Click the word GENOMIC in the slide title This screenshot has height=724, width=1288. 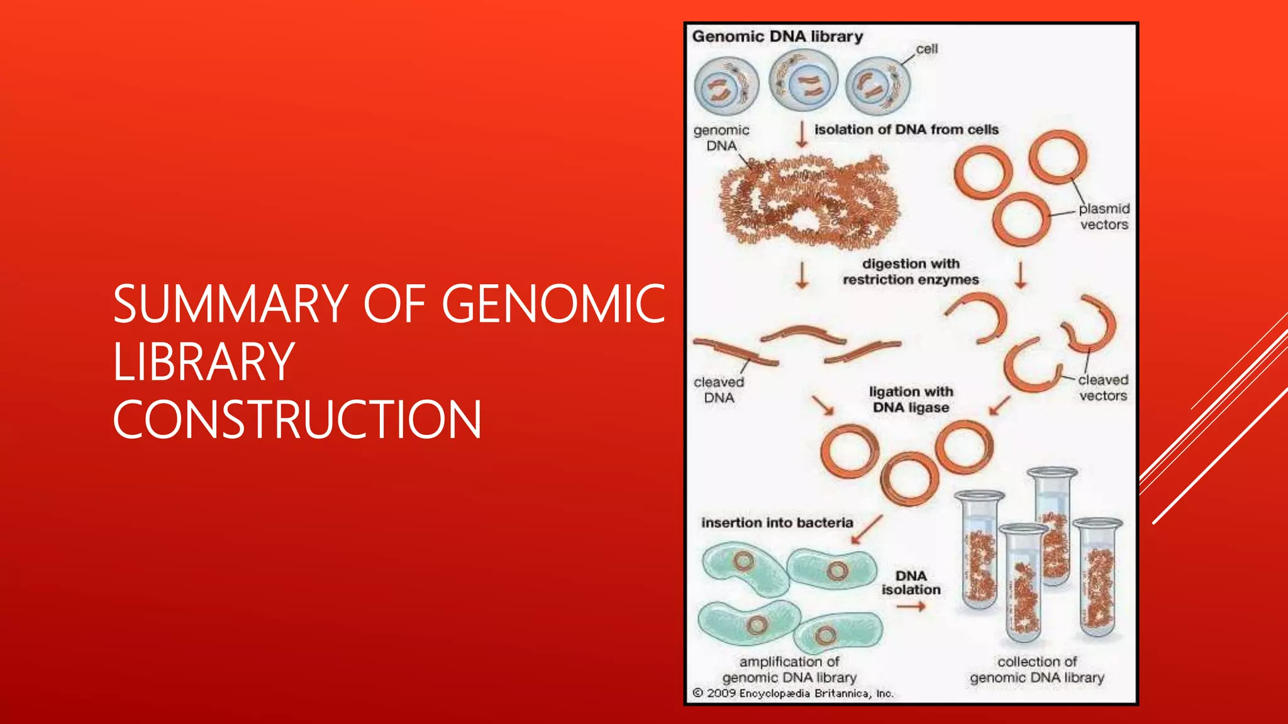pyautogui.click(x=553, y=304)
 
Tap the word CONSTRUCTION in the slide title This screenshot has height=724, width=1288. pyautogui.click(x=297, y=420)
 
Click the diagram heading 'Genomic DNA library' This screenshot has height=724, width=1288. pyautogui.click(x=777, y=36)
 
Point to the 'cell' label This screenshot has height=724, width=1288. pyautogui.click(x=926, y=49)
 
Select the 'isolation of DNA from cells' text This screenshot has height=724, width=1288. pyautogui.click(x=906, y=129)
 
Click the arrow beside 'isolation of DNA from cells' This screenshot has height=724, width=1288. pyautogui.click(x=802, y=134)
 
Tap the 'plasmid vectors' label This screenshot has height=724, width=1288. pyautogui.click(x=1104, y=216)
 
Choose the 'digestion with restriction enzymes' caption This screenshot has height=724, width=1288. pyautogui.click(x=911, y=271)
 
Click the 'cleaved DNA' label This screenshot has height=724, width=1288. pyautogui.click(x=719, y=390)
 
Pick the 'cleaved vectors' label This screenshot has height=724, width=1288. pyautogui.click(x=1103, y=388)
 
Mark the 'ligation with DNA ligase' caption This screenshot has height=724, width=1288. pyautogui.click(x=911, y=399)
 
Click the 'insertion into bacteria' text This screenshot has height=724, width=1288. pyautogui.click(x=777, y=523)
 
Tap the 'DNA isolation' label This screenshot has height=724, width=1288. pyautogui.click(x=911, y=583)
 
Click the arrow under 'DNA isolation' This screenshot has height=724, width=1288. pyautogui.click(x=911, y=606)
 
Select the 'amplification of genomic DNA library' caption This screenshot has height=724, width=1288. pyautogui.click(x=789, y=669)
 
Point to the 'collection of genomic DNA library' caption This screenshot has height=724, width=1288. pyautogui.click(x=1037, y=669)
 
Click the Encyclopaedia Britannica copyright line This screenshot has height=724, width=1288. pyautogui.click(x=792, y=693)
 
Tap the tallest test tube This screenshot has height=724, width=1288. pyautogui.click(x=1052, y=528)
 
